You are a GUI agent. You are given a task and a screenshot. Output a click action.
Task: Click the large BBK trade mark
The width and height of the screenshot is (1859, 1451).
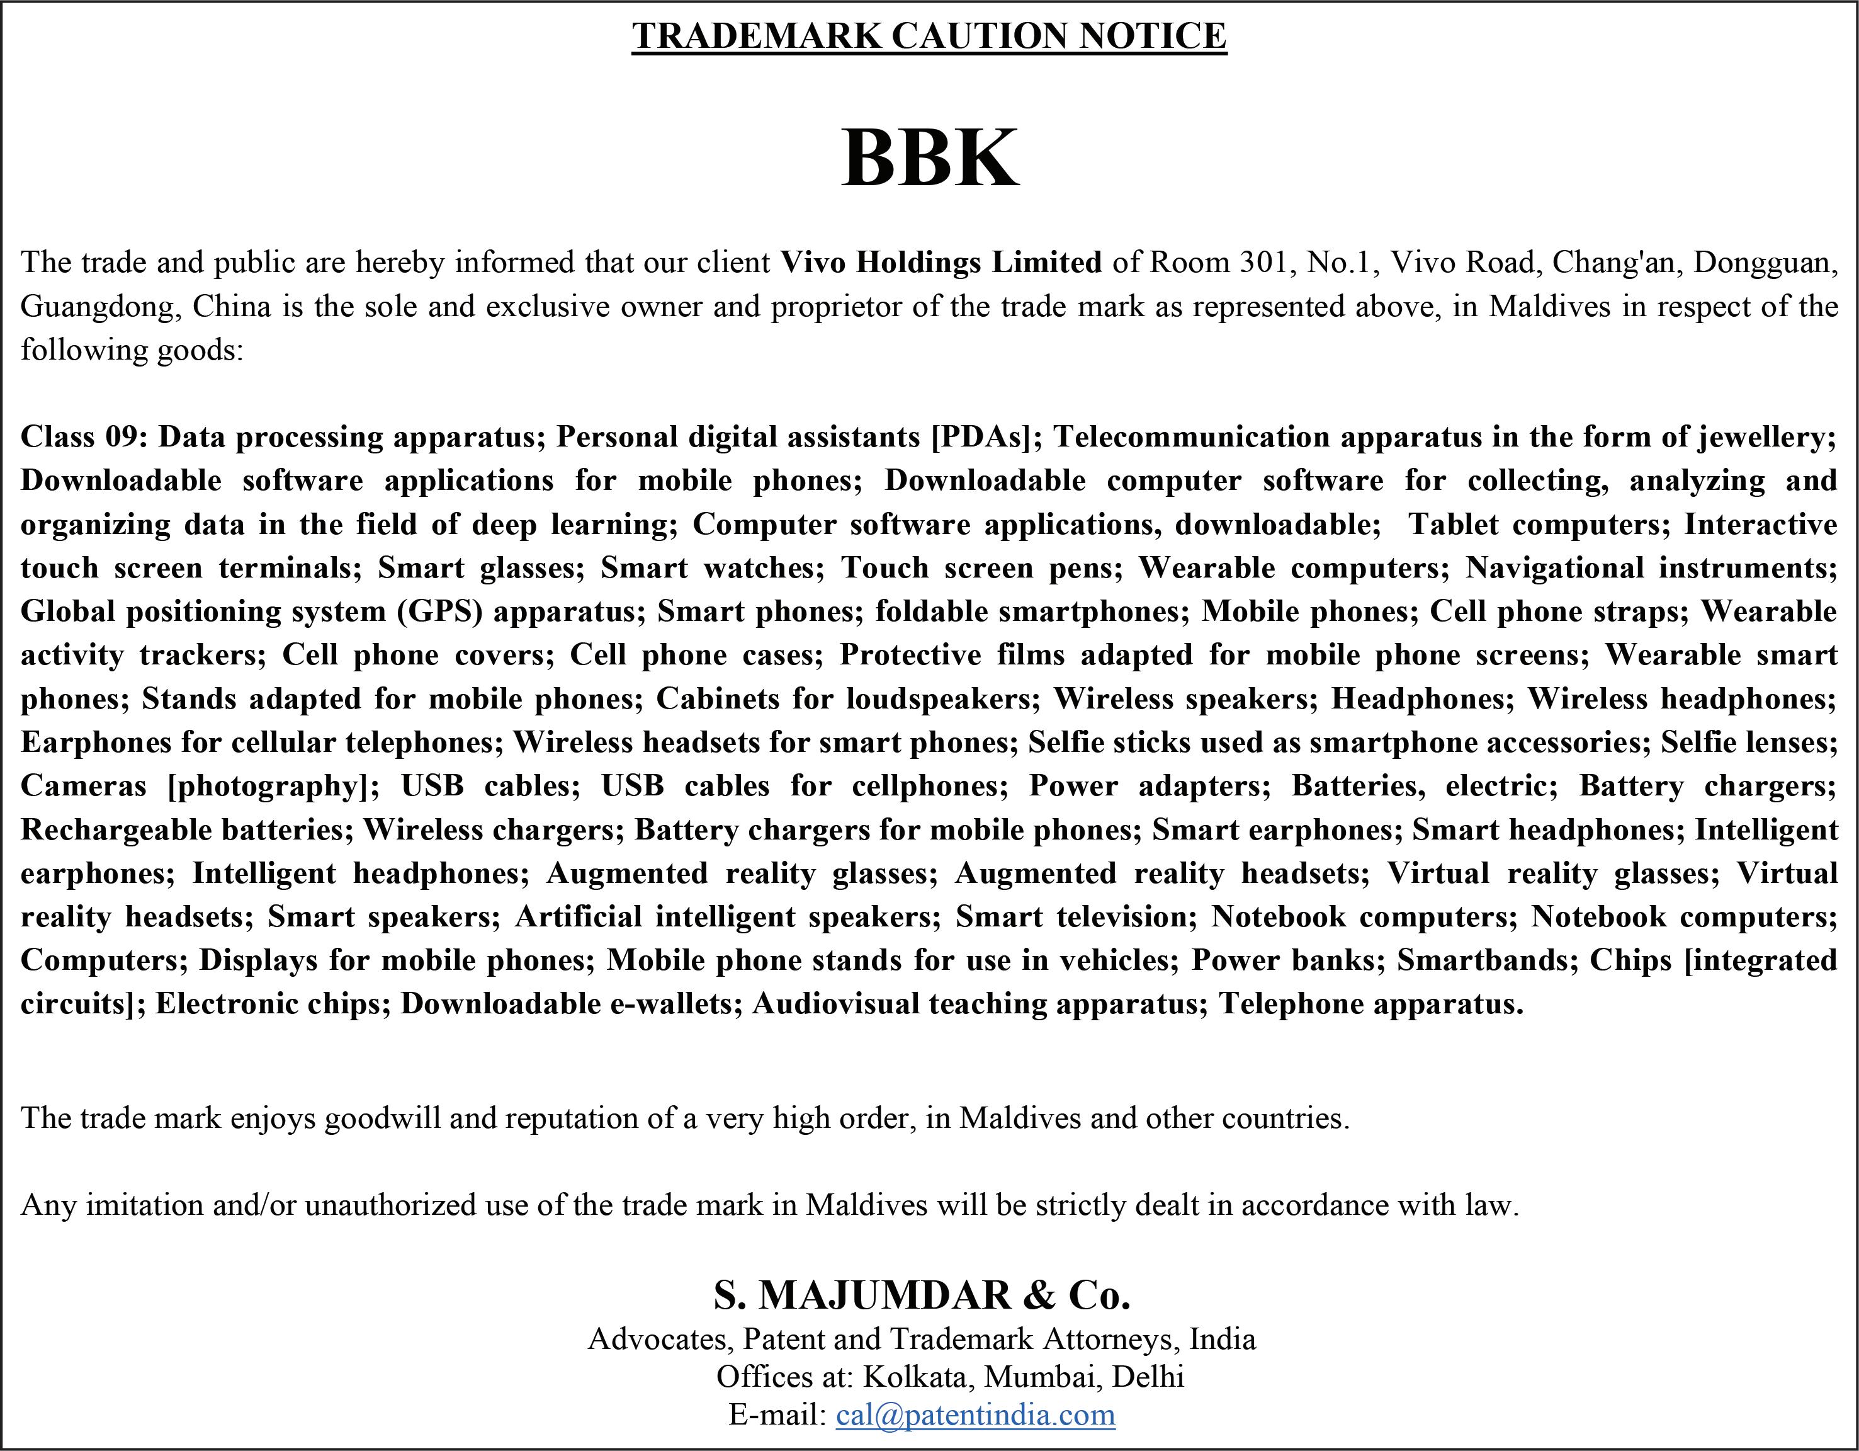pyautogui.click(x=929, y=157)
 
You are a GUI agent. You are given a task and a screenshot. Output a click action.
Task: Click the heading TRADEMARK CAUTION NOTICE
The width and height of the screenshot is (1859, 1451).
pyautogui.click(x=929, y=36)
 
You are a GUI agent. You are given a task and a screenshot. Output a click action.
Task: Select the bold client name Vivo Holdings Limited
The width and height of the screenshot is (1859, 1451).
pyautogui.click(x=941, y=261)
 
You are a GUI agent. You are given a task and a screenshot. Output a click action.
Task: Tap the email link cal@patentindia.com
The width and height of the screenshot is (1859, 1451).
pyautogui.click(x=976, y=1414)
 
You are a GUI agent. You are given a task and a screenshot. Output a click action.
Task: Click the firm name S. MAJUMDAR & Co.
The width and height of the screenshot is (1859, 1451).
pyautogui.click(x=922, y=1295)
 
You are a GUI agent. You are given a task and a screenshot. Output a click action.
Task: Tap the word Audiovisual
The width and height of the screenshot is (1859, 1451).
pyautogui.click(x=834, y=1003)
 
